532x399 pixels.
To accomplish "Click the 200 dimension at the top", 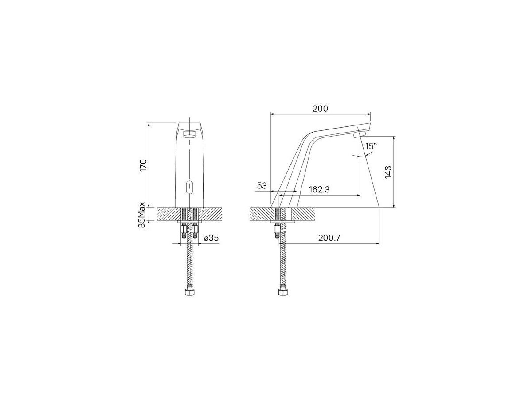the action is [320, 109].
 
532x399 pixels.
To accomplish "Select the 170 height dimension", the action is [143, 165].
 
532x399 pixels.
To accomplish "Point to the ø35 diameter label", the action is [211, 238].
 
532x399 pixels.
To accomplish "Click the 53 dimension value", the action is [262, 186].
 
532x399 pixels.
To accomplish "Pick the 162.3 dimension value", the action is [319, 189].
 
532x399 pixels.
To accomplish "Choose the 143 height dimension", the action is [388, 172].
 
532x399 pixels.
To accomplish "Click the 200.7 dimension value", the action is [329, 238].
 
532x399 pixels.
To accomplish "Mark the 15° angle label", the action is [371, 146].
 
